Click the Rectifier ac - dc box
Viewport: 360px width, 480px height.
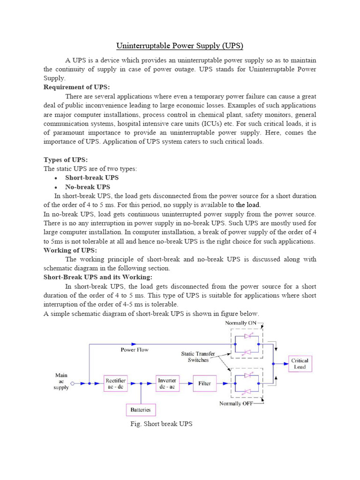pyautogui.click(x=115, y=383)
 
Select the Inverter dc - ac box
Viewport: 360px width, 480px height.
pyautogui.click(x=167, y=383)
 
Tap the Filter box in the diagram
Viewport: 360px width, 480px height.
pyautogui.click(x=205, y=383)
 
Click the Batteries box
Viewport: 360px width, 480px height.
pyautogui.click(x=141, y=410)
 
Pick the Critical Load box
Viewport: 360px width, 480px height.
pyautogui.click(x=300, y=364)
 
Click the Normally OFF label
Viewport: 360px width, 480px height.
pyautogui.click(x=237, y=404)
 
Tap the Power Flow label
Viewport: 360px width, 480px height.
pyautogui.click(x=135, y=350)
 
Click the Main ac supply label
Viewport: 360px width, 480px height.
pyautogui.click(x=61, y=381)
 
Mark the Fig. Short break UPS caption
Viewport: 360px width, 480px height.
pyautogui.click(x=161, y=424)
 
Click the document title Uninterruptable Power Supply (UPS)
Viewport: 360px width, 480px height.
pyautogui.click(x=180, y=46)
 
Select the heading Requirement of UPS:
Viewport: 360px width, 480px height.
pyautogui.click(x=77, y=87)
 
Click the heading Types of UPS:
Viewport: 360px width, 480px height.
pyautogui.click(x=65, y=160)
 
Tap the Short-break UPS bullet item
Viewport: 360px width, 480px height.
pyautogui.click(x=92, y=178)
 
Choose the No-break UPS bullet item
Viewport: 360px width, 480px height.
pyautogui.click(x=88, y=187)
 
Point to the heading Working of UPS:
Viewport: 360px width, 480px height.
pyautogui.click(x=70, y=250)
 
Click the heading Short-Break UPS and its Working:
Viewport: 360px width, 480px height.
pyautogui.click(x=98, y=277)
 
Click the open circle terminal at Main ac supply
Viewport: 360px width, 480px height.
pyautogui.click(x=73, y=383)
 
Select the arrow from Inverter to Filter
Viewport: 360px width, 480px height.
pyautogui.click(x=186, y=383)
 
